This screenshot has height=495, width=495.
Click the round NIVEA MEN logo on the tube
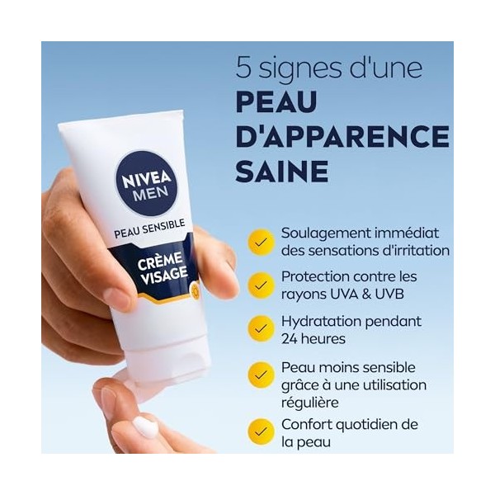147,182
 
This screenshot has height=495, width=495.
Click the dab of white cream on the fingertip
146,427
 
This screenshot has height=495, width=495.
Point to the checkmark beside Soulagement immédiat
262,242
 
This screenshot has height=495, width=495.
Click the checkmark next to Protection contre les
262,285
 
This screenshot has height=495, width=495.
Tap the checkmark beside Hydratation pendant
262,329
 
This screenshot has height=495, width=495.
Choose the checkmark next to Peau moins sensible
262,375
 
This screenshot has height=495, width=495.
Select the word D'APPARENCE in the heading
342,136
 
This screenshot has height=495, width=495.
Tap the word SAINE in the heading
281,171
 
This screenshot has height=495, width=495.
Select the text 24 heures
313,339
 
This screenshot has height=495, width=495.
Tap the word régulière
311,403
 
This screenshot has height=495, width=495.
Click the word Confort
307,424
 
